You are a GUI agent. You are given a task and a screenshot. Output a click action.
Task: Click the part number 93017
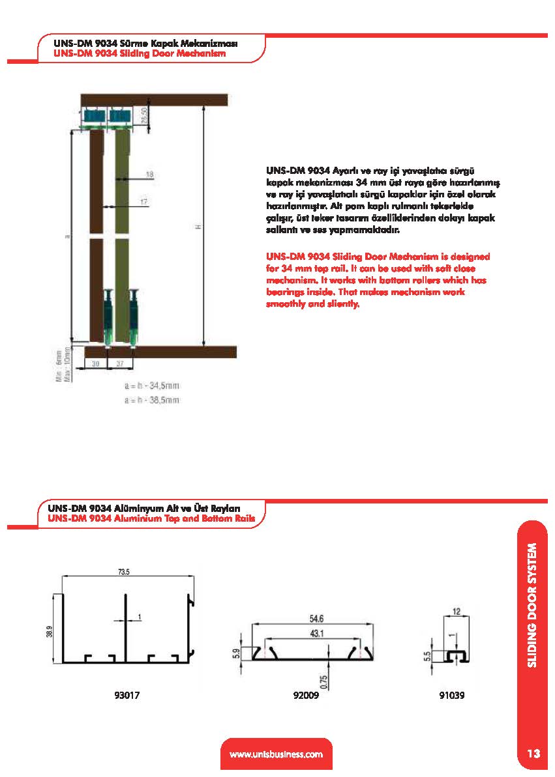(127, 696)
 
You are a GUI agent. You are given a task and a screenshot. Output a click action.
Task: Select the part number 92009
(307, 696)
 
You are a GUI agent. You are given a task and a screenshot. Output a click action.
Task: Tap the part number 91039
(452, 696)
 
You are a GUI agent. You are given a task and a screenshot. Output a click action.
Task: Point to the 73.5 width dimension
(124, 572)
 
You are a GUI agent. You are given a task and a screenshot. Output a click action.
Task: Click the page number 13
(533, 754)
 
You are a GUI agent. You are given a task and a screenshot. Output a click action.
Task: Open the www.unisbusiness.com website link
(277, 755)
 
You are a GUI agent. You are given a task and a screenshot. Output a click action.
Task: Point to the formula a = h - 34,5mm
(151, 386)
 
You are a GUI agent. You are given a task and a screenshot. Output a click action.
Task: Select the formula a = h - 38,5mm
(151, 400)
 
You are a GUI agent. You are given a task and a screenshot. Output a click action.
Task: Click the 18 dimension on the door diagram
(149, 174)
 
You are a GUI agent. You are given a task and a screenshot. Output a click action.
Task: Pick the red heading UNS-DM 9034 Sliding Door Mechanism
(131, 54)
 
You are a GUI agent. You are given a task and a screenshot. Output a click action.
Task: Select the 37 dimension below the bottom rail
(120, 364)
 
